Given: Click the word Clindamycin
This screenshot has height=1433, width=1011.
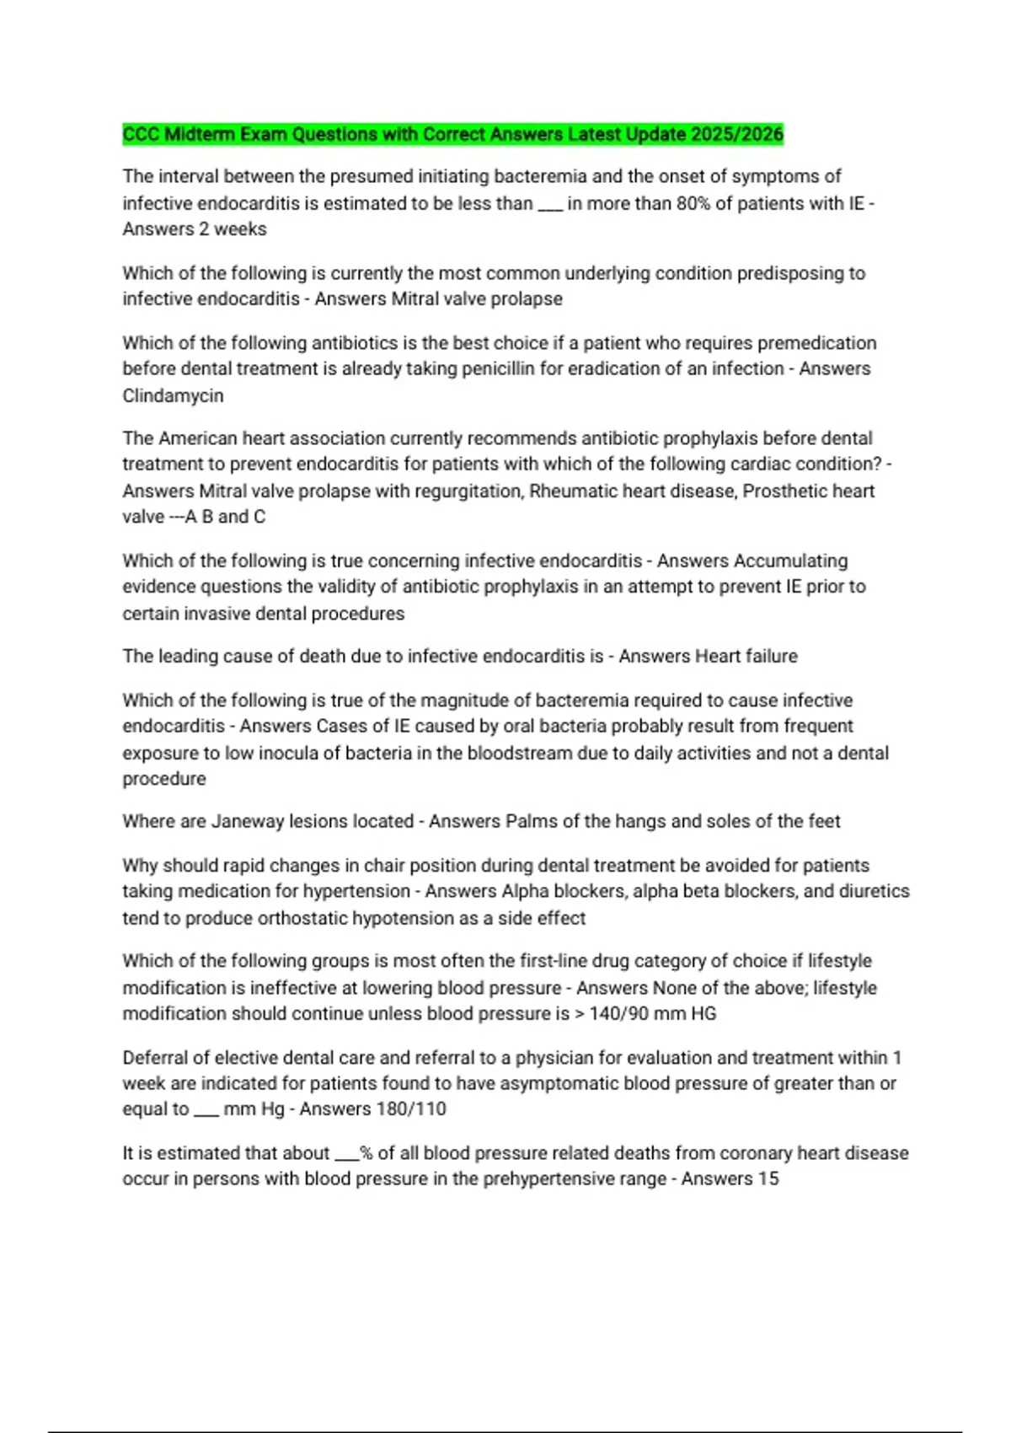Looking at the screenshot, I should tap(173, 395).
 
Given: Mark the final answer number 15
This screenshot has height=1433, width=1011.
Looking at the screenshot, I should tap(768, 1178).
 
